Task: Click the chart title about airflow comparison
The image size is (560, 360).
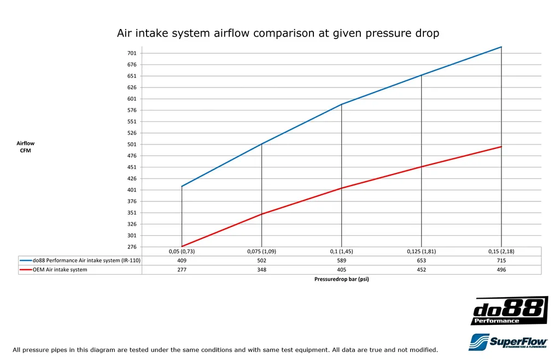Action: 278,33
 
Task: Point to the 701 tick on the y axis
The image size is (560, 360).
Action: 132,53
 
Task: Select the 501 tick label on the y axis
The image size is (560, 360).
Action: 132,144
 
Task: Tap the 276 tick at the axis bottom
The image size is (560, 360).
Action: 132,247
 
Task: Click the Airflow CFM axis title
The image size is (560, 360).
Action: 25,147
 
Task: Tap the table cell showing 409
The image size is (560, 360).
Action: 182,260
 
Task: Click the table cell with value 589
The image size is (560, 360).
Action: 341,260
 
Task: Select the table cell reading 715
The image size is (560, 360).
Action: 501,260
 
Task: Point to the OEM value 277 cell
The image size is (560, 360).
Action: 182,270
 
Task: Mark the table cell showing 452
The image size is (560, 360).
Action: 421,270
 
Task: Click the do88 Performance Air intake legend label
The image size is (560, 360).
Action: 86,260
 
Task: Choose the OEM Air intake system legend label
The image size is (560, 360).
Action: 60,270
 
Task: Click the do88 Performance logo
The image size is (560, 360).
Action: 509,311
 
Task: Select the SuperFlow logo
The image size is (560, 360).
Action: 508,342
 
